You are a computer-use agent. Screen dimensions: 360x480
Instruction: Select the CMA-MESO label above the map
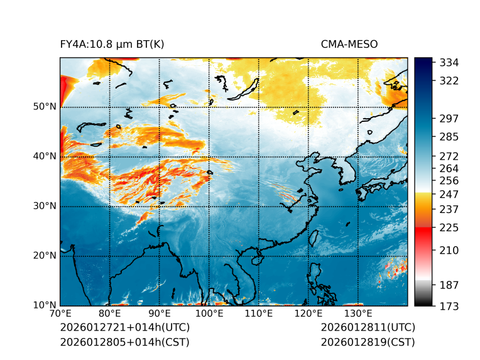[349, 44]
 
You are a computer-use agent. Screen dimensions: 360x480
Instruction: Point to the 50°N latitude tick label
[44, 107]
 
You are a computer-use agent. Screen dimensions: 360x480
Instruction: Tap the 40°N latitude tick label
[44, 156]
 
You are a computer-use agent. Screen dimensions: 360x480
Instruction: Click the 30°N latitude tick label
[44, 206]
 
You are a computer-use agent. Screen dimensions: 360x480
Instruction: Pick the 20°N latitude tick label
[44, 256]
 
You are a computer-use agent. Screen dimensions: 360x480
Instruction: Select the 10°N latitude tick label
[44, 305]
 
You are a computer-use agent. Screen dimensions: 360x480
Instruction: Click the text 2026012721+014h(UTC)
[124, 328]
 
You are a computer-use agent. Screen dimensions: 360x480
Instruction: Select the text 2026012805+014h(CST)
[124, 342]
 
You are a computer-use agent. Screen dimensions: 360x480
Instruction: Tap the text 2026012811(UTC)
[368, 328]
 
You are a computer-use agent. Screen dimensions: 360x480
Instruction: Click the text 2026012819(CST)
[368, 342]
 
